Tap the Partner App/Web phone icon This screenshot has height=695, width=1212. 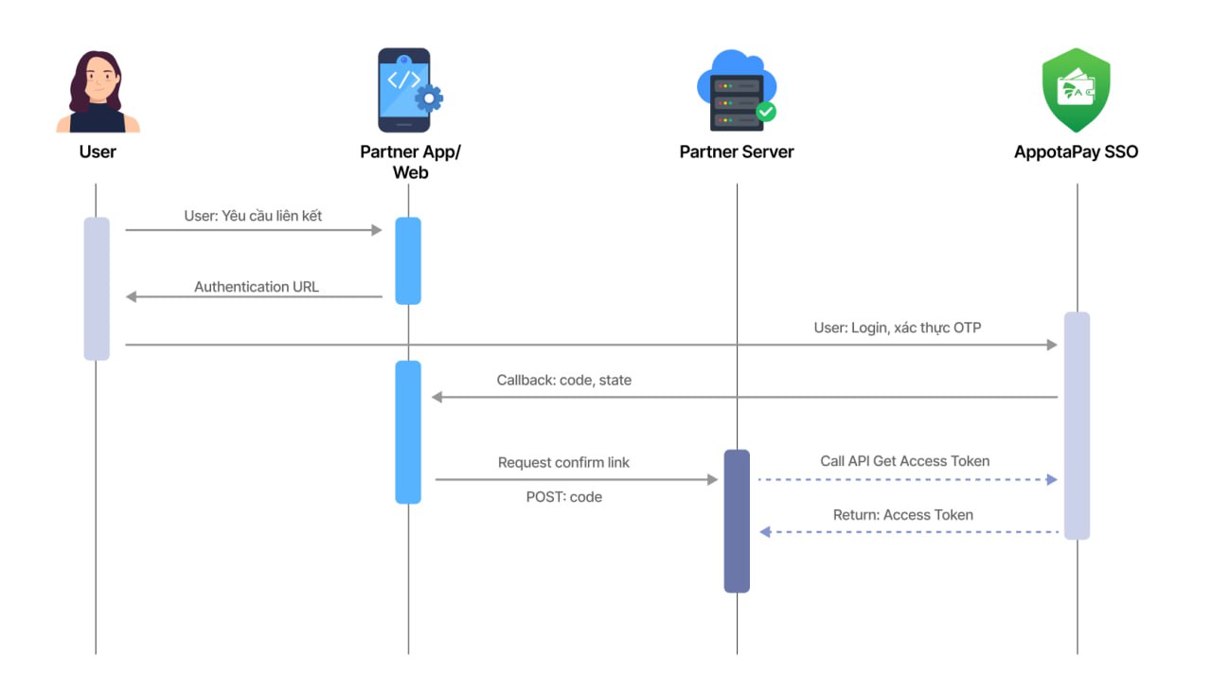(x=405, y=90)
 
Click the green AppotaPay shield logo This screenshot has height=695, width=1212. (x=1076, y=90)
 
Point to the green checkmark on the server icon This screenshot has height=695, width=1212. (x=766, y=112)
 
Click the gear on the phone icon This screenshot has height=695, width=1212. (x=429, y=98)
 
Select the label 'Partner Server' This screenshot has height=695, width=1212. (x=736, y=151)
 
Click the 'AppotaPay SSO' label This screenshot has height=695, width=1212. (x=1076, y=151)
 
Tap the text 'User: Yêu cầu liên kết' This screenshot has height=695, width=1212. (x=253, y=216)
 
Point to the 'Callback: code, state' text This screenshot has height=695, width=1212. (x=563, y=380)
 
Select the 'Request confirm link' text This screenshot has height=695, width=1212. (x=563, y=463)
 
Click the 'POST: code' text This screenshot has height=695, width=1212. (x=563, y=496)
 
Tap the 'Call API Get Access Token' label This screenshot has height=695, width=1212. (x=904, y=461)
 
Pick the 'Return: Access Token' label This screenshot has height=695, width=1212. (x=902, y=515)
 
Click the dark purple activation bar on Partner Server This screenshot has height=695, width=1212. (x=737, y=521)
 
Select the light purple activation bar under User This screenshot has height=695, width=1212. (x=97, y=289)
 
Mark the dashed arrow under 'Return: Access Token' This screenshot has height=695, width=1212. (x=909, y=532)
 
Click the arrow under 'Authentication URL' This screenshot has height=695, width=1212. (x=254, y=297)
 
